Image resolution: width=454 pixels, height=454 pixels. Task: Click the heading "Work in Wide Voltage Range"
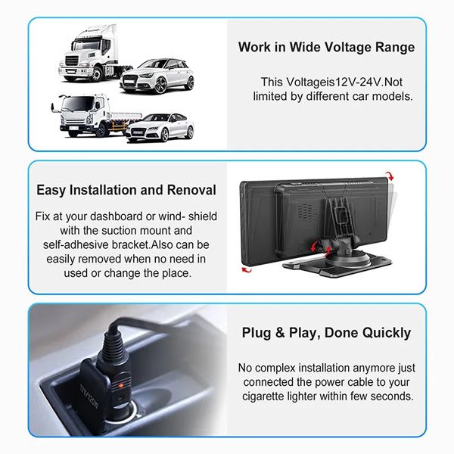(326, 48)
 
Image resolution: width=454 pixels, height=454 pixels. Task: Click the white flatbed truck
(95, 116)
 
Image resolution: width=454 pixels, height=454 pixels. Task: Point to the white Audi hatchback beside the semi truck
(157, 76)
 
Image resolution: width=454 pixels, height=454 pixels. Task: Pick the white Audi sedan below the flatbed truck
(160, 128)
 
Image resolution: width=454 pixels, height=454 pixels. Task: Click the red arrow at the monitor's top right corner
(390, 176)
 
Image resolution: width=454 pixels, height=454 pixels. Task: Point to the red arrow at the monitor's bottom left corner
(247, 270)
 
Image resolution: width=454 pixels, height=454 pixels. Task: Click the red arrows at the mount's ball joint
(320, 249)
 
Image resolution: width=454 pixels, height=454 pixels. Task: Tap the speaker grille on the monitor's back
(306, 210)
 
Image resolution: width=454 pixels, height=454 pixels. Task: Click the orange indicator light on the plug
(120, 385)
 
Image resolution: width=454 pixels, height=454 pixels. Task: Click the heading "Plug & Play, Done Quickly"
(326, 333)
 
